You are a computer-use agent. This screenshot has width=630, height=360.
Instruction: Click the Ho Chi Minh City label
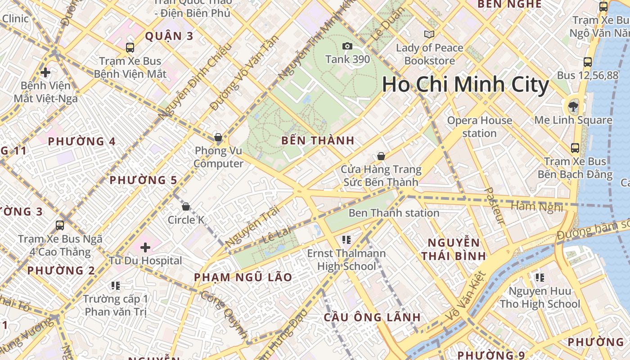click(x=465, y=85)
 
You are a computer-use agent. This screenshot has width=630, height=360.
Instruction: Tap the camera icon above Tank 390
click(x=347, y=46)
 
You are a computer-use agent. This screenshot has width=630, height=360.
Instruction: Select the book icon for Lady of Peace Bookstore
click(x=429, y=34)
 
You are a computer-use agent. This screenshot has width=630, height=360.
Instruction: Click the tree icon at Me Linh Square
click(x=573, y=107)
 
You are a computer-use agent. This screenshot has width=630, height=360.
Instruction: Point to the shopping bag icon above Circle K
click(x=186, y=207)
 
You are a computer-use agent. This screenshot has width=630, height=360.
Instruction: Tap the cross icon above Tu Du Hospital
click(x=145, y=247)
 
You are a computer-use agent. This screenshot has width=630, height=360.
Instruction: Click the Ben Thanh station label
click(x=394, y=213)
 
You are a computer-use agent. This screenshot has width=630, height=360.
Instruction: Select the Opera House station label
click(x=479, y=127)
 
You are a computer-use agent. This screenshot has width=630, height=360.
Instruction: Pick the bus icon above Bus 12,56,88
click(x=588, y=62)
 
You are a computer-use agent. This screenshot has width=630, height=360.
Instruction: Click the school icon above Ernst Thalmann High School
click(x=346, y=239)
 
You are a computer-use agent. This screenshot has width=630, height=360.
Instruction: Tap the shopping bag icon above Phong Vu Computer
click(x=218, y=137)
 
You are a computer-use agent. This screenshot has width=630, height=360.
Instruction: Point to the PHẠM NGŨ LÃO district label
click(x=243, y=277)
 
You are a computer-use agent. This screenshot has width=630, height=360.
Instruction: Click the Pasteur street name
click(x=495, y=206)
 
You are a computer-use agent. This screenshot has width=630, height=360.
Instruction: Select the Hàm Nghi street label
click(x=537, y=207)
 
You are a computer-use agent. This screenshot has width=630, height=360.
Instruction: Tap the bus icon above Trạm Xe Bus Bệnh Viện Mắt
click(x=130, y=47)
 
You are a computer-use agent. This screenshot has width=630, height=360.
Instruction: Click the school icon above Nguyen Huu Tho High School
click(x=540, y=277)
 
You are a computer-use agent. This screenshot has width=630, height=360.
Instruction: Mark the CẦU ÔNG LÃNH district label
click(x=372, y=317)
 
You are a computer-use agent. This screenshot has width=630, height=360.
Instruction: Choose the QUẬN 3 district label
click(x=169, y=36)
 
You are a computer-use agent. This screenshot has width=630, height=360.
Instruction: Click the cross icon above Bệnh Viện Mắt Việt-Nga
click(x=45, y=72)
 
